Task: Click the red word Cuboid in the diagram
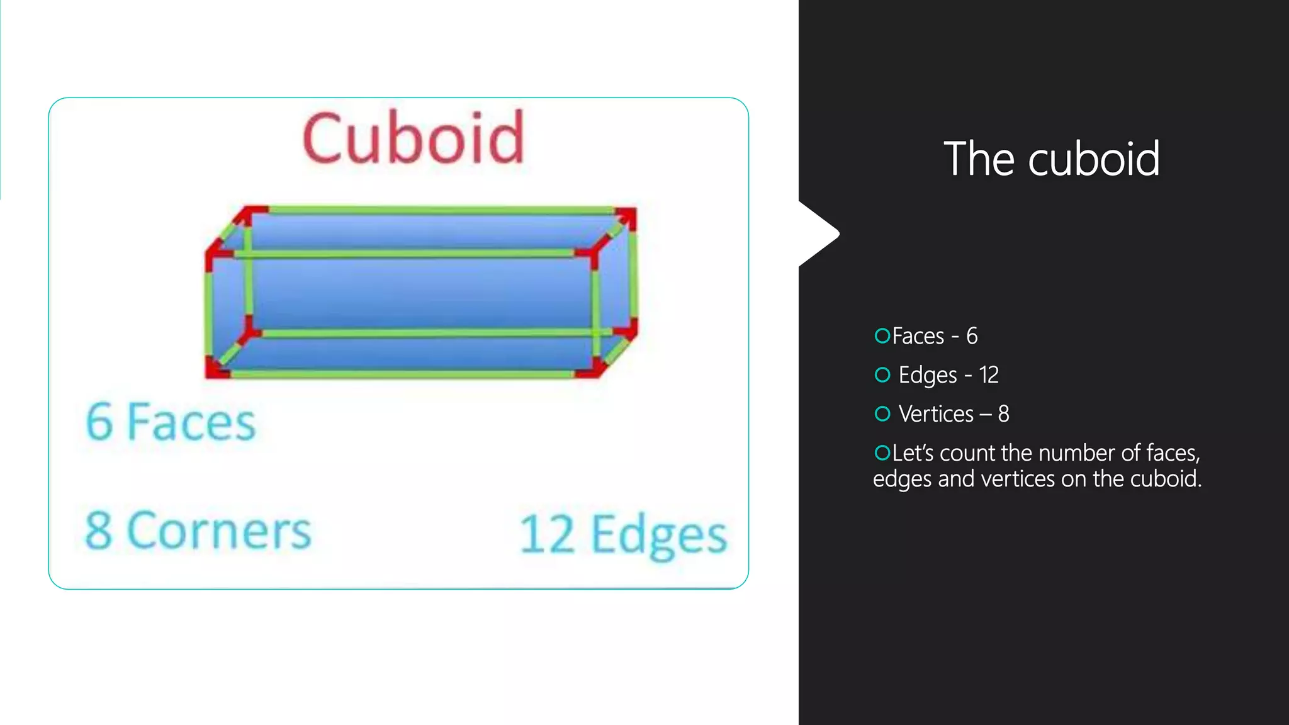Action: click(x=413, y=138)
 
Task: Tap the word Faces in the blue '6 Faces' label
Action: click(x=191, y=422)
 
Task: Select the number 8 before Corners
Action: click(x=99, y=530)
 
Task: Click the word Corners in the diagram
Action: click(x=219, y=530)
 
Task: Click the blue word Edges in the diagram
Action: click(x=659, y=536)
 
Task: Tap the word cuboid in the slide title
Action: click(x=1094, y=159)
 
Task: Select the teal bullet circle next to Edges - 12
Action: click(x=882, y=375)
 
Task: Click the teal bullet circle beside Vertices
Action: click(x=882, y=414)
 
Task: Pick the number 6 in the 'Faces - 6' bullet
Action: click(x=972, y=336)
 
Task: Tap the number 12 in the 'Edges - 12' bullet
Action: click(x=989, y=375)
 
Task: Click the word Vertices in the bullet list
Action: click(x=936, y=414)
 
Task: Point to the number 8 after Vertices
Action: click(x=1003, y=414)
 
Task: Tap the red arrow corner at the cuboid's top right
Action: click(x=626, y=217)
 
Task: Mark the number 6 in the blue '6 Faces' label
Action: click(x=99, y=422)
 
